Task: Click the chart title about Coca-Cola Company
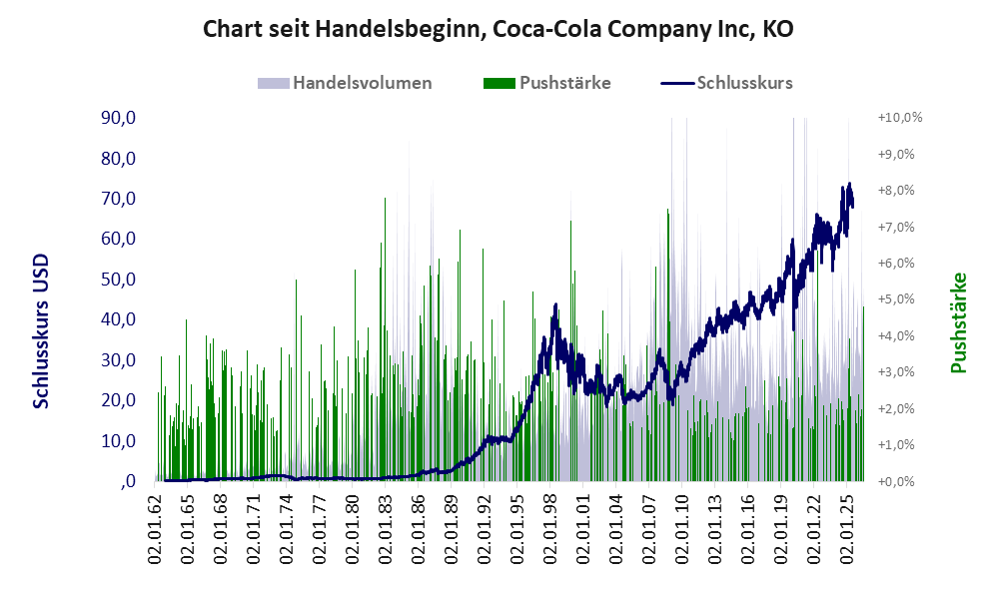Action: click(498, 29)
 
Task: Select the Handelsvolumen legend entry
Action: click(345, 83)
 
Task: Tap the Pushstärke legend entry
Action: click(546, 83)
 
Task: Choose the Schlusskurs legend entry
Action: click(726, 83)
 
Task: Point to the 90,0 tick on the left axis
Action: click(119, 118)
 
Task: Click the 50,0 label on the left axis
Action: click(119, 279)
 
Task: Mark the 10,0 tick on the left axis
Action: click(119, 440)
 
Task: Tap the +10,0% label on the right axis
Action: click(900, 118)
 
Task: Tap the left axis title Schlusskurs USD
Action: click(41, 331)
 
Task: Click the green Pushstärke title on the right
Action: click(958, 322)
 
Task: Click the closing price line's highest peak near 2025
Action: click(849, 184)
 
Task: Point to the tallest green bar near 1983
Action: click(385, 339)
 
